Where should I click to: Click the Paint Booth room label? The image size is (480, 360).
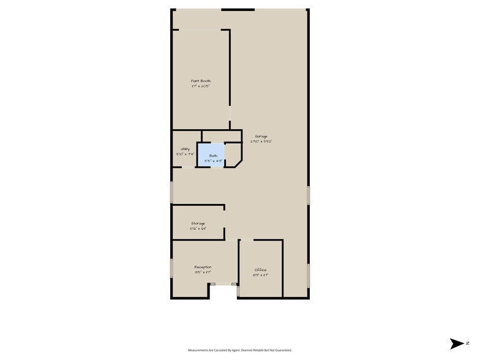click(201, 81)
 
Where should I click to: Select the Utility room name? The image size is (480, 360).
click(184, 149)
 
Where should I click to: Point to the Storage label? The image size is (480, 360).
click(198, 223)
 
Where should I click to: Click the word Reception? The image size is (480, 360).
click(203, 267)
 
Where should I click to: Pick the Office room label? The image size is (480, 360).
click(261, 270)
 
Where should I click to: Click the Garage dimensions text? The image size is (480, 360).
click(261, 141)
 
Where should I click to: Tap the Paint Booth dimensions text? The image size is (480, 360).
click(201, 86)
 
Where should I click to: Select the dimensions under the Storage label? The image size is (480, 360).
click(198, 229)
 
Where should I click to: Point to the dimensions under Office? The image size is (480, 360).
click(261, 276)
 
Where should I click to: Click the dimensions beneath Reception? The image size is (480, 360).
click(203, 272)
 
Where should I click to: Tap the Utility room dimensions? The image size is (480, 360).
click(184, 154)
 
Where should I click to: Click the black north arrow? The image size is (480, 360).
click(457, 343)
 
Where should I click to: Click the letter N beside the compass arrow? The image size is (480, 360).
click(467, 343)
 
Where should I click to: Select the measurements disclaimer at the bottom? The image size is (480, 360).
click(240, 350)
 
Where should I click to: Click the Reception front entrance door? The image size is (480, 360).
click(223, 284)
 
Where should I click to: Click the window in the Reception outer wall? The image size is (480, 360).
click(171, 268)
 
